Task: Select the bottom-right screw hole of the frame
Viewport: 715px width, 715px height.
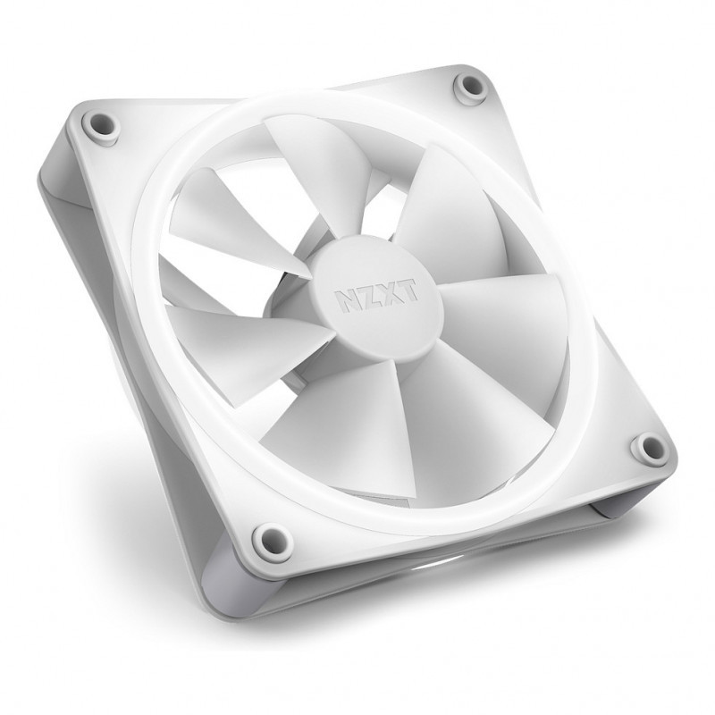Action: click(648, 445)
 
